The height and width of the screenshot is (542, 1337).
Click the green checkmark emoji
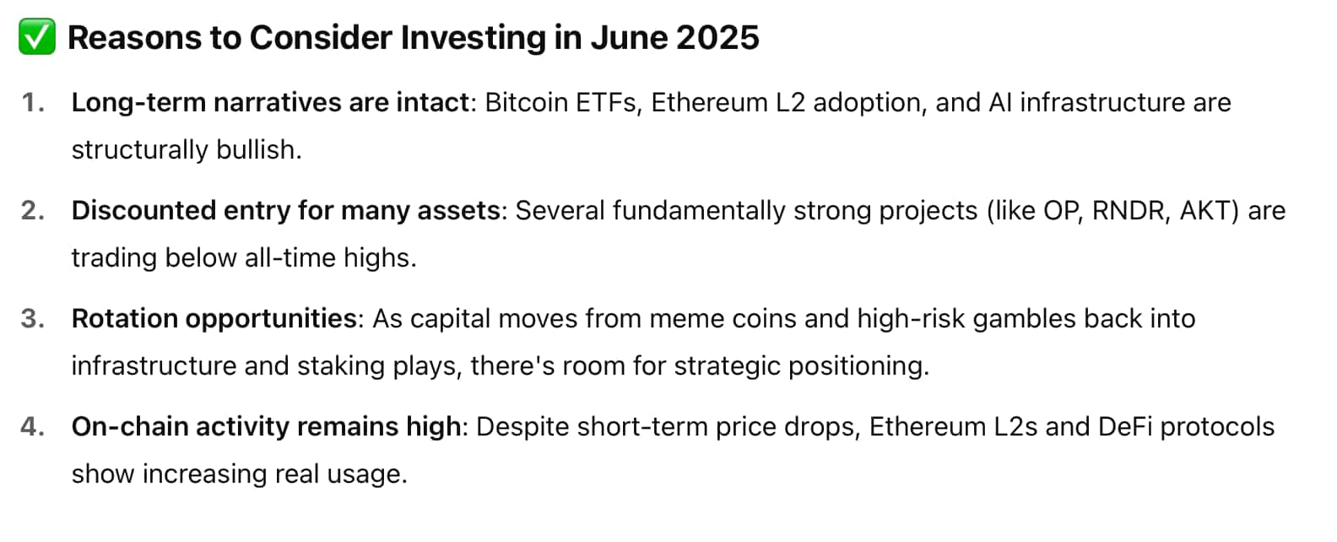(x=37, y=36)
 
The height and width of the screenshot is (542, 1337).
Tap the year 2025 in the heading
(x=717, y=38)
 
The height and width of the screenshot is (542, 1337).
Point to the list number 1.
(x=34, y=103)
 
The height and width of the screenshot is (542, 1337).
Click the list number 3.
(x=33, y=319)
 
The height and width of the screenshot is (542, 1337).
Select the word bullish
(x=259, y=149)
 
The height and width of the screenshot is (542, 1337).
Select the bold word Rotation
(x=124, y=319)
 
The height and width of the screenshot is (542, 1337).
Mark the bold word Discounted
(x=143, y=211)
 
